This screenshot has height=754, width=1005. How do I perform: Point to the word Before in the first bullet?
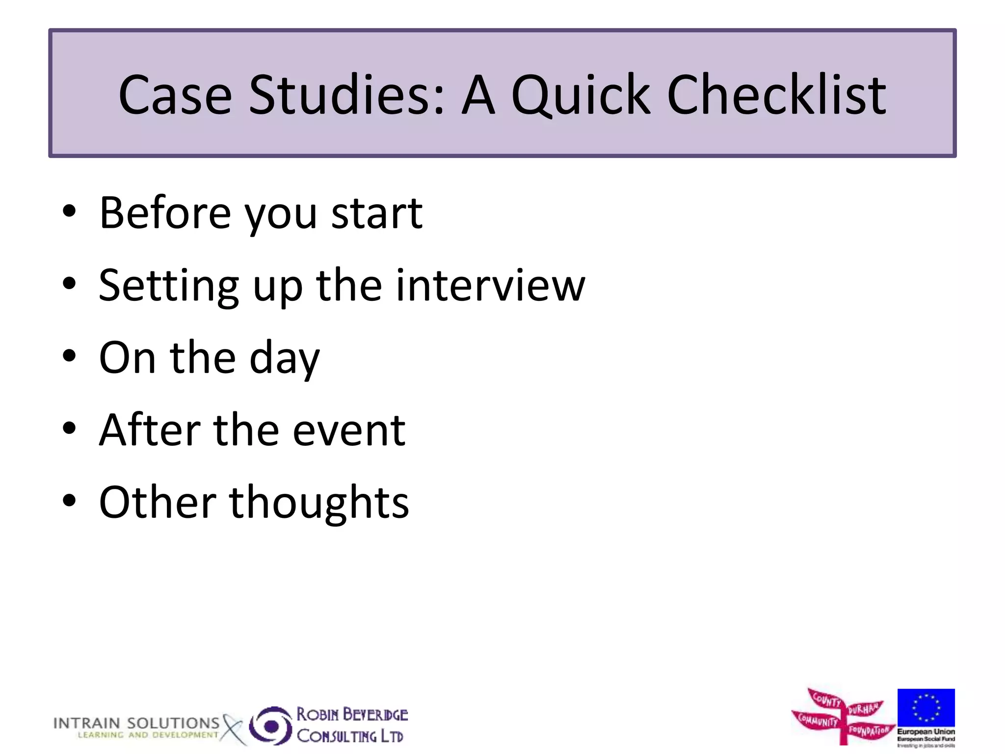(x=165, y=213)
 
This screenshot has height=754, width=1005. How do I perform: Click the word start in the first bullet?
(x=377, y=214)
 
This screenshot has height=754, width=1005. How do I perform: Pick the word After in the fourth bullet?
(x=150, y=430)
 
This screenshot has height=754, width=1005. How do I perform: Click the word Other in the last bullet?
(x=158, y=502)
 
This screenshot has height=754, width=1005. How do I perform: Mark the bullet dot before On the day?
(x=70, y=356)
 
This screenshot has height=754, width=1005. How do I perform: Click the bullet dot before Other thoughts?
(x=70, y=500)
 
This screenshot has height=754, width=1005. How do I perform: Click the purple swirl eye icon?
(x=271, y=726)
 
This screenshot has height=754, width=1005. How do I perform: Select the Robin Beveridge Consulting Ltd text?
(x=352, y=725)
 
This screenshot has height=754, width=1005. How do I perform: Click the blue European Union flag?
(x=926, y=707)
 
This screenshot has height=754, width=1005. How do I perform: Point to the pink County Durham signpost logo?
(x=843, y=716)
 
